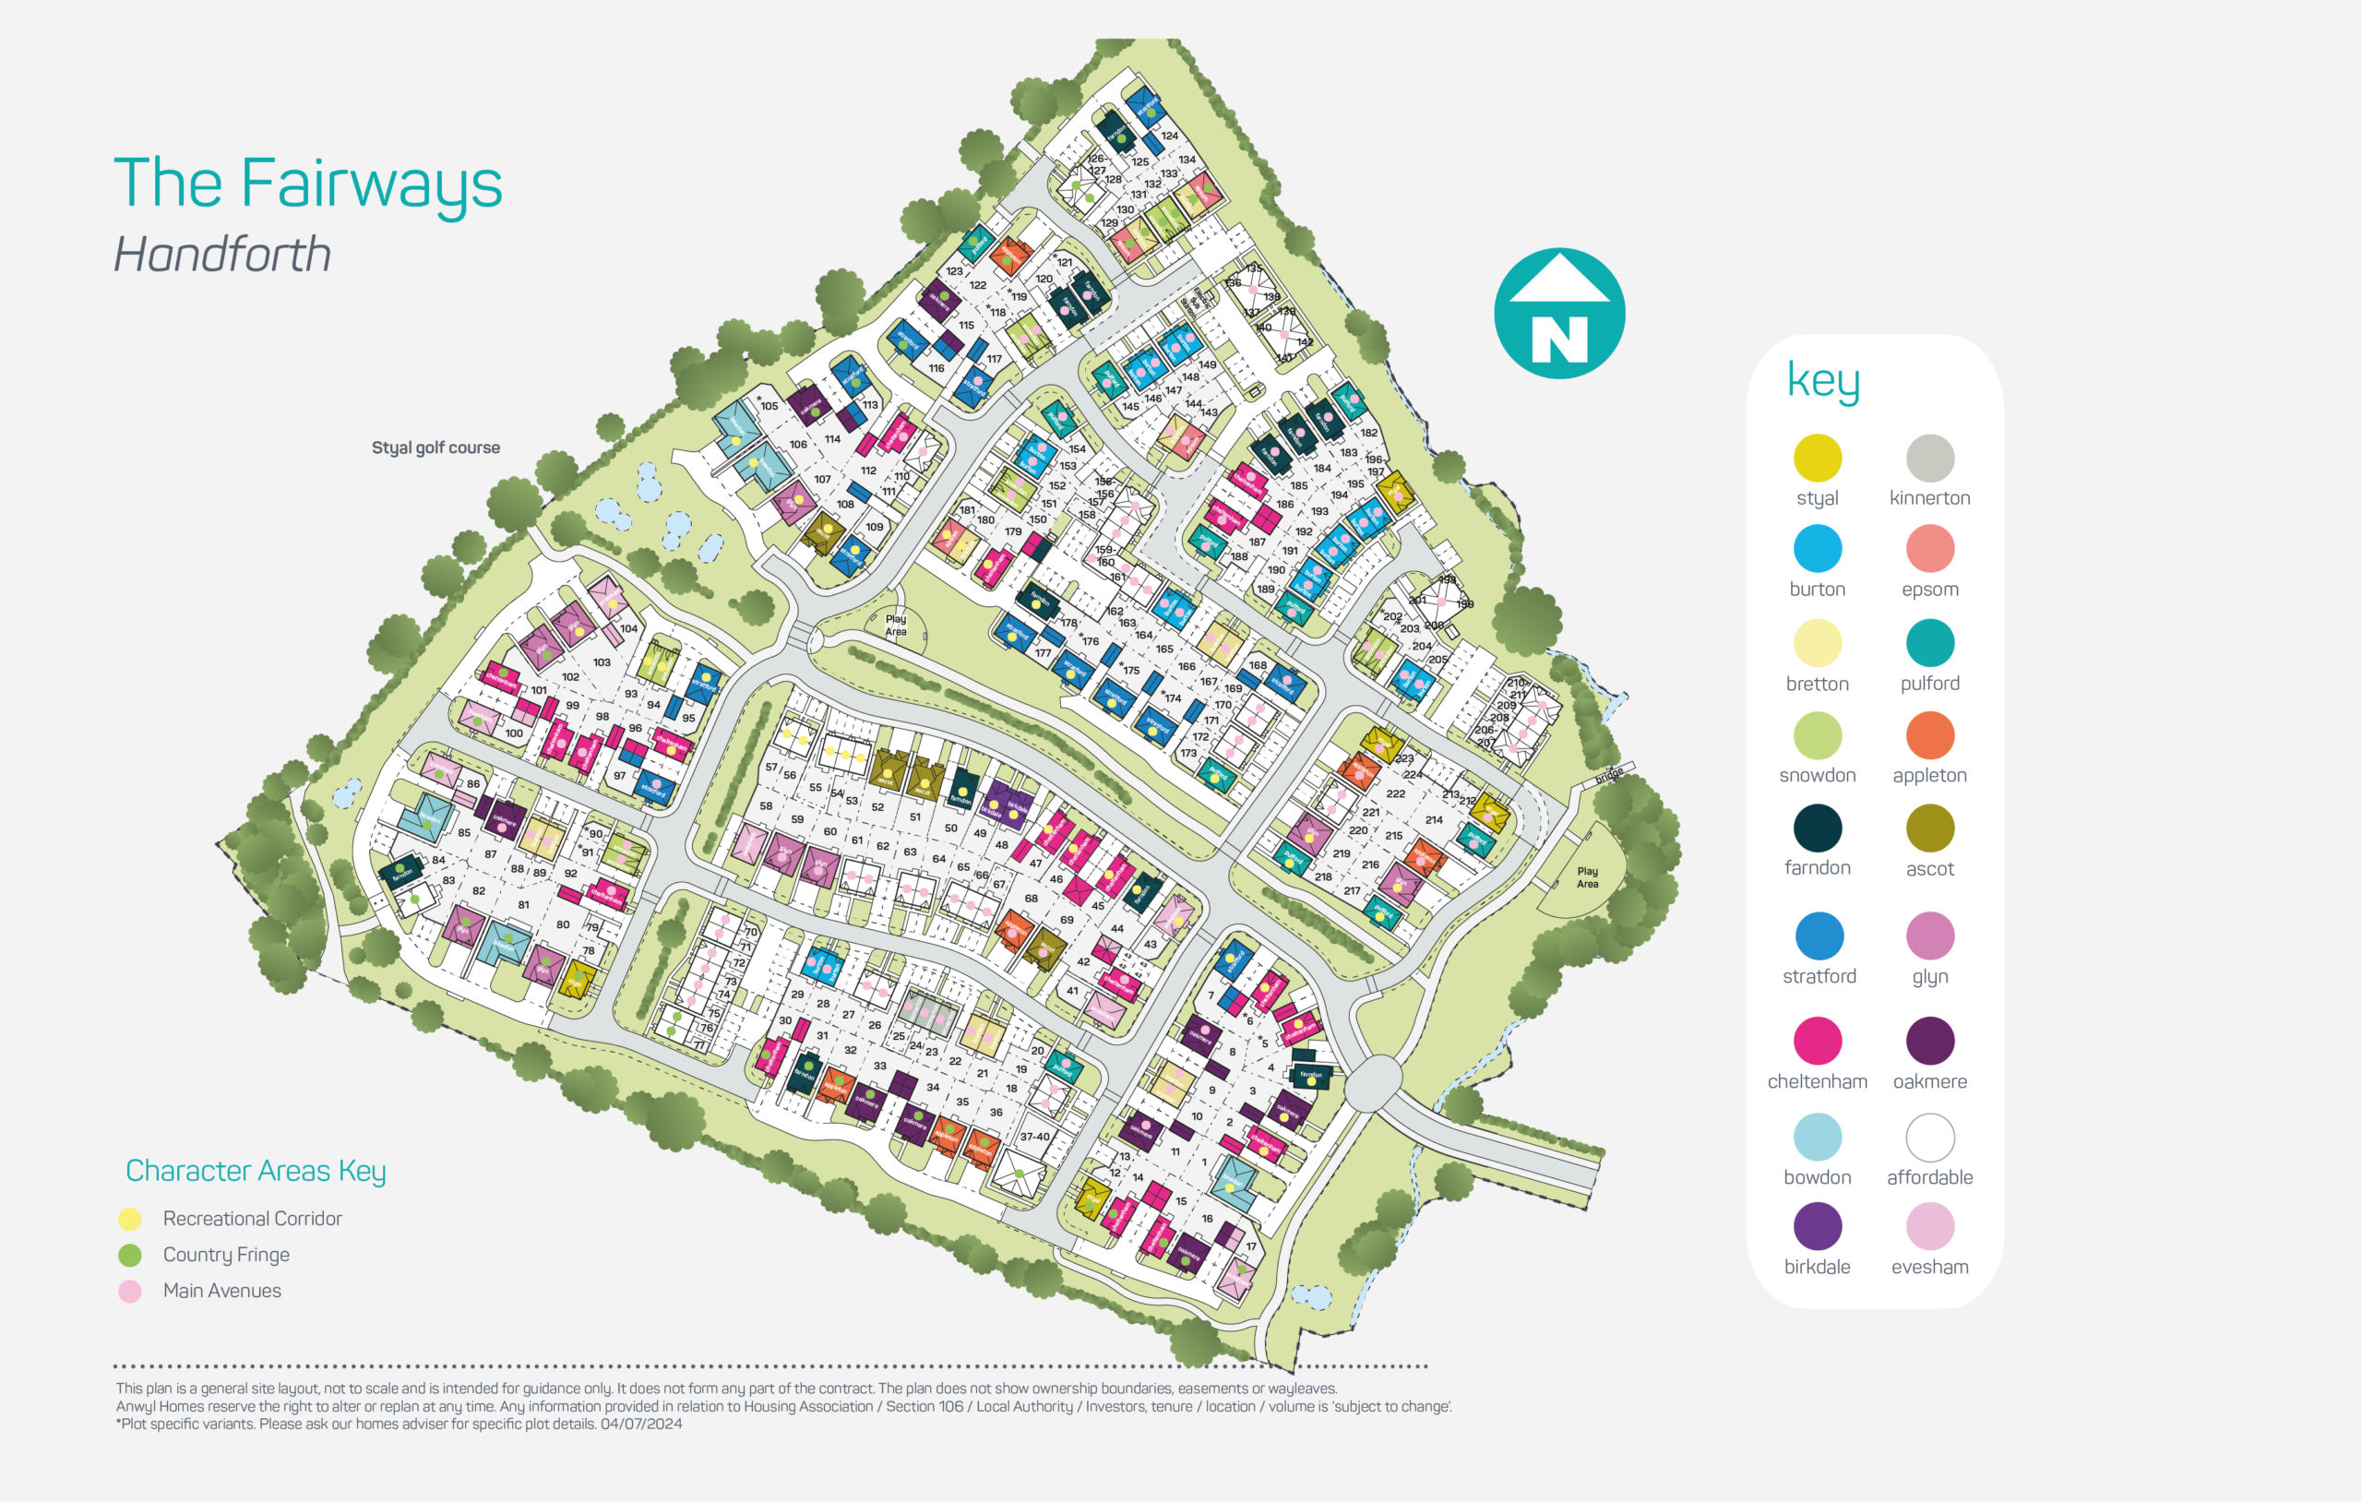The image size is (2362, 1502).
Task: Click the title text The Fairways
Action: click(307, 184)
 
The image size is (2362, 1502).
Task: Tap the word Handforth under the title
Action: click(222, 254)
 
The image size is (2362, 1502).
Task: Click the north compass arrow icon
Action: click(1558, 313)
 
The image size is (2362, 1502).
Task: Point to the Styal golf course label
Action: click(435, 447)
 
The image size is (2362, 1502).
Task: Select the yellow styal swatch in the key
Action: click(1817, 459)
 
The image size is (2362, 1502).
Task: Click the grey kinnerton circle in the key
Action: click(1929, 459)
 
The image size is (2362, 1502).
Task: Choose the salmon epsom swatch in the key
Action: click(1929, 548)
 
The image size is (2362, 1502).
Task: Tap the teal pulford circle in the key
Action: click(1929, 642)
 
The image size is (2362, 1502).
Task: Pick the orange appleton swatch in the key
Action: click(1929, 734)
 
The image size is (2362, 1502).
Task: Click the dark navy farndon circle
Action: click(1817, 828)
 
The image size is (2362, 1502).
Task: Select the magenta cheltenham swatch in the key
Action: click(1817, 1041)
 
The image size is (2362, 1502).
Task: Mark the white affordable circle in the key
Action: click(1929, 1137)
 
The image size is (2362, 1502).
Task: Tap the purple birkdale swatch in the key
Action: click(1817, 1226)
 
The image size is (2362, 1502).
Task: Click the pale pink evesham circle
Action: click(1929, 1226)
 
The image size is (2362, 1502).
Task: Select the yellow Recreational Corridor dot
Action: click(129, 1220)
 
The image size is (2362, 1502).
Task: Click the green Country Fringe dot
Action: click(129, 1255)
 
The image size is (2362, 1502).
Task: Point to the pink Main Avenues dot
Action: click(129, 1291)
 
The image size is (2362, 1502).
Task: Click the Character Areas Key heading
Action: click(256, 1172)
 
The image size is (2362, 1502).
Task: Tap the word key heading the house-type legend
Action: click(1822, 381)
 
